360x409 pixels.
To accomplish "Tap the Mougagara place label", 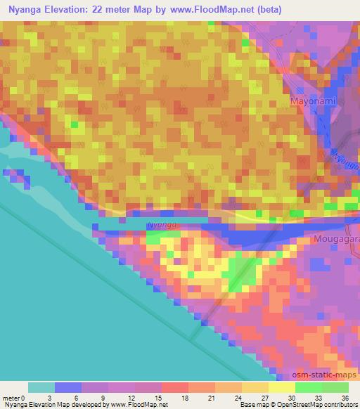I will pyautogui.click(x=334, y=239).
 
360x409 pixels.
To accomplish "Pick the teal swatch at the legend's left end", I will pyautogui.click(x=41, y=387).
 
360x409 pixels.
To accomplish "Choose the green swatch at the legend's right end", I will pyautogui.click(x=335, y=387).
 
